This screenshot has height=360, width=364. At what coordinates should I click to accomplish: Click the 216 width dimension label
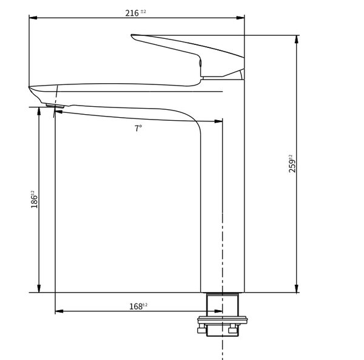pos(135,13)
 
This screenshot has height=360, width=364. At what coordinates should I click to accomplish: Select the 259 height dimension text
pos(292,163)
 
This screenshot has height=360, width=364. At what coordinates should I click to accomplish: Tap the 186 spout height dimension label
pos(34,199)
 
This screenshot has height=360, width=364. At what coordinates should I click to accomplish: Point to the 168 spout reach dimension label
pos(138,307)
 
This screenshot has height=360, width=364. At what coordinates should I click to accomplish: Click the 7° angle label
pos(138,128)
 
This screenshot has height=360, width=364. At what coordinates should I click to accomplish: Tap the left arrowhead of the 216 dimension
pos(33,18)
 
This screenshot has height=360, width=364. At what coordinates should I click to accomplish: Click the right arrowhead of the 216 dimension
pos(240,18)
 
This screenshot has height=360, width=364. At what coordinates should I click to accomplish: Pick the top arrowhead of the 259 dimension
pos(297,39)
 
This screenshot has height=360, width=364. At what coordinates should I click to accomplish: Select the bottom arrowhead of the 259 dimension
pos(297,288)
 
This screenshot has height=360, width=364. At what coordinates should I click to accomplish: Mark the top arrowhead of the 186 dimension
pos(39,111)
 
